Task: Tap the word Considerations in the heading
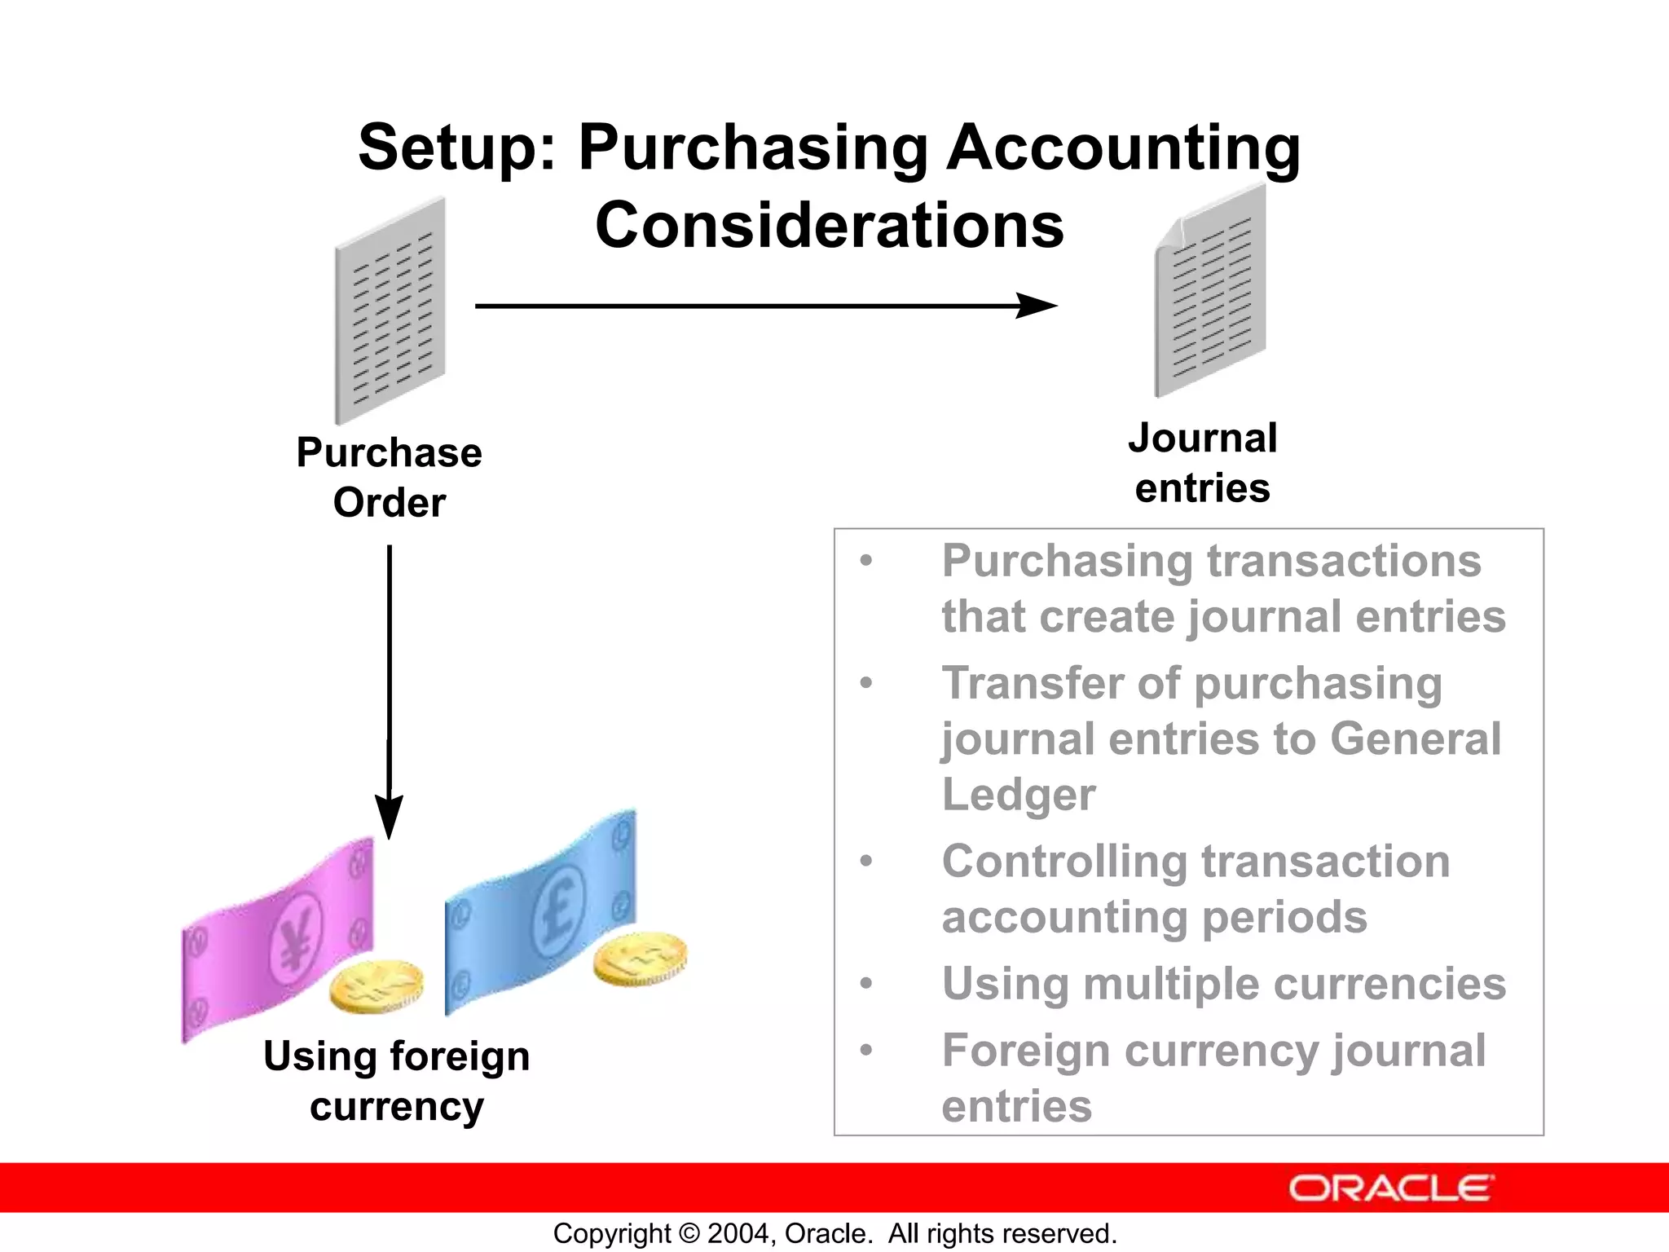829,226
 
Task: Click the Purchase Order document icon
390,310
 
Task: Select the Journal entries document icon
1210,291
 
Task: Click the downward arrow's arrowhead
389,816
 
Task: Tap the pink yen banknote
277,937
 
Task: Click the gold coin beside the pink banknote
377,985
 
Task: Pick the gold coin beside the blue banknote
640,958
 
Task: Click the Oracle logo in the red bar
1390,1188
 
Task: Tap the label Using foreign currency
396,1081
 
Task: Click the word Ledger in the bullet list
1019,795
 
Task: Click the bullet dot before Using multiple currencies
866,984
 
